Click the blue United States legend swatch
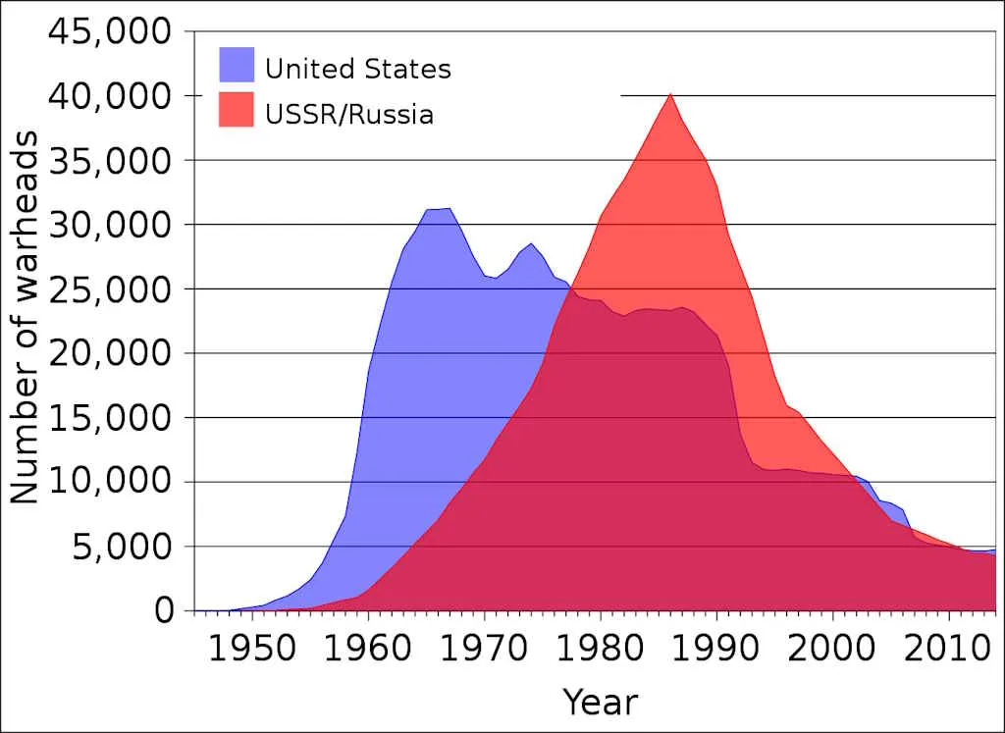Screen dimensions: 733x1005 click(237, 66)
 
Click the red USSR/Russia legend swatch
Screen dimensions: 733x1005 click(237, 110)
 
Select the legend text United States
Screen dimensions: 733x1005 click(358, 70)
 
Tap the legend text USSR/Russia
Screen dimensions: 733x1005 click(349, 115)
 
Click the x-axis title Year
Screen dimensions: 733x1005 click(600, 702)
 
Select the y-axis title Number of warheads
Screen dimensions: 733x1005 click(26, 320)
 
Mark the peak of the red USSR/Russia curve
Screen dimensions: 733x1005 click(669, 94)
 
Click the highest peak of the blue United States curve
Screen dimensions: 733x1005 click(450, 208)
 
